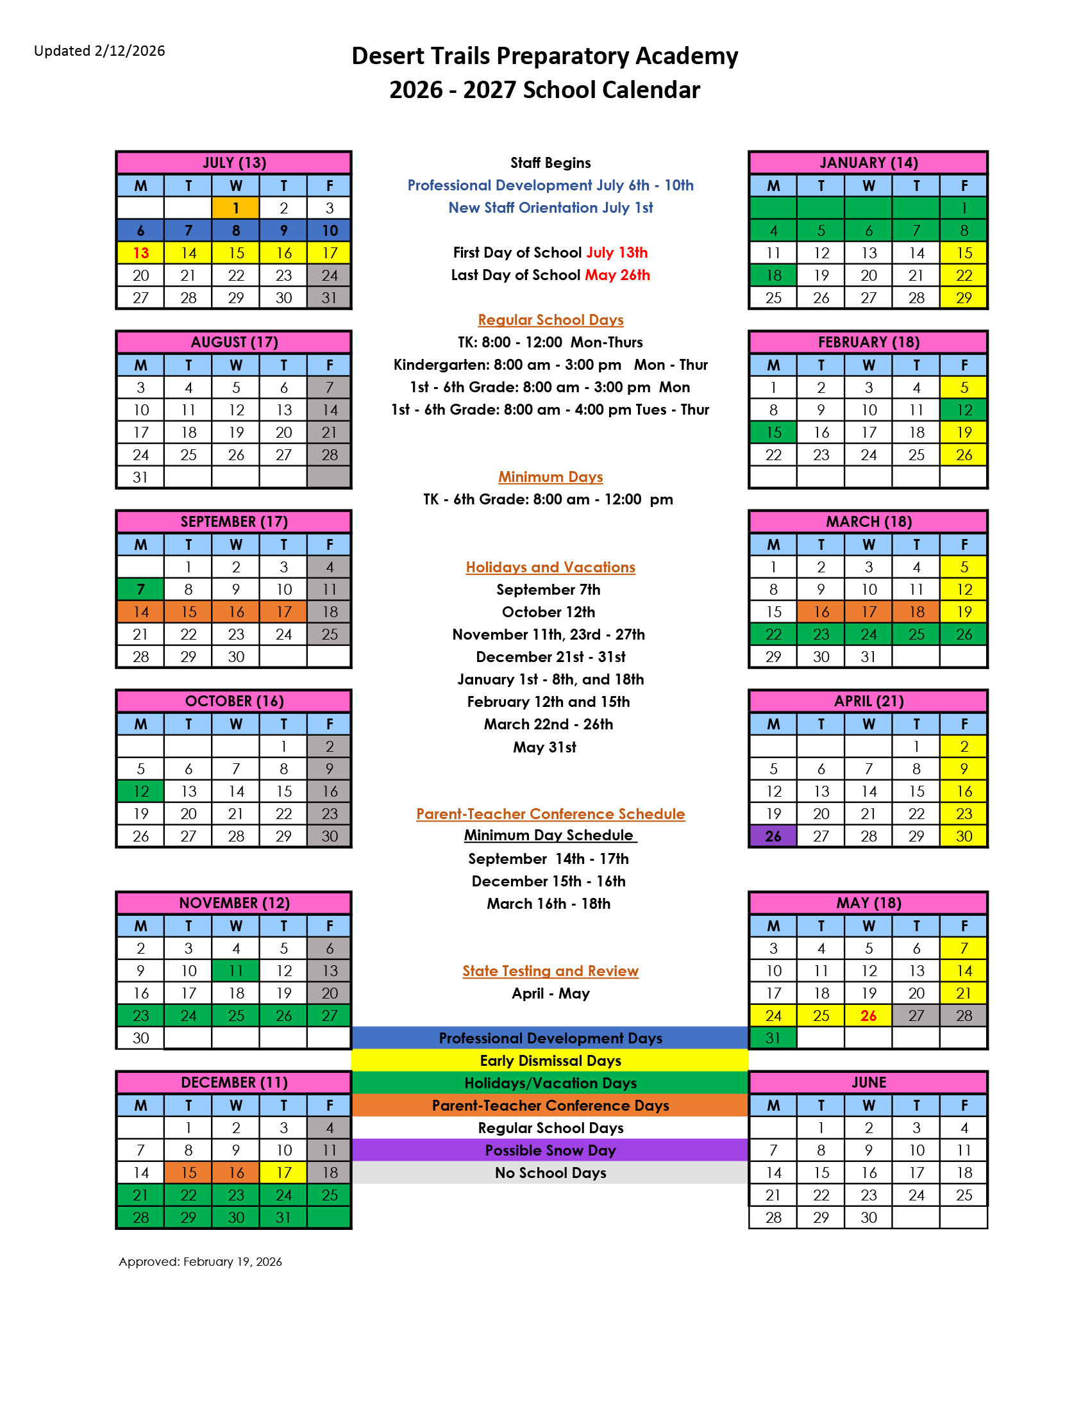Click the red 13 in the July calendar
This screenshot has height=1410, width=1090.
pos(141,253)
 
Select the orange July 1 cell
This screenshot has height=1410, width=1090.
pos(236,208)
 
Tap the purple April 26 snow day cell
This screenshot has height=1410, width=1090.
pos(773,836)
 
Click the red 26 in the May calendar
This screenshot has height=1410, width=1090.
pos(869,1016)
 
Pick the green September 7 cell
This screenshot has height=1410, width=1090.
pos(141,590)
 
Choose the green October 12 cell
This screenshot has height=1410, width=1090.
pos(141,792)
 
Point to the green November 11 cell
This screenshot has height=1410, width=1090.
pos(236,971)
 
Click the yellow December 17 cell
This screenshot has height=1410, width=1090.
pos(283,1172)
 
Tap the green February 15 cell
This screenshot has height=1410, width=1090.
pos(773,433)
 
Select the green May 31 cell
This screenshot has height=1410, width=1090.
pos(773,1038)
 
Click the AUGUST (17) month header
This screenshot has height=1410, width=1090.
pos(234,342)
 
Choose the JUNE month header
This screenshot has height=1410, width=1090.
pos(869,1082)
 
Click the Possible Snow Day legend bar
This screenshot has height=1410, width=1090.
pos(550,1150)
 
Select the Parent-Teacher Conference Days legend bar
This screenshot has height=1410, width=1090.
pos(550,1106)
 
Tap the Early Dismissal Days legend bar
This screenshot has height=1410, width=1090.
pos(550,1061)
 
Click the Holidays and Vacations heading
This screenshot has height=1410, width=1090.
pos(550,567)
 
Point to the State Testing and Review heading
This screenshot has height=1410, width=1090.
pos(550,971)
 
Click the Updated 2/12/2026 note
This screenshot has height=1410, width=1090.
pos(99,51)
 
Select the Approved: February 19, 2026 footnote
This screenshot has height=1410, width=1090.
pos(200,1261)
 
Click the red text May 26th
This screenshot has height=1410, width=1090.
pos(617,275)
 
